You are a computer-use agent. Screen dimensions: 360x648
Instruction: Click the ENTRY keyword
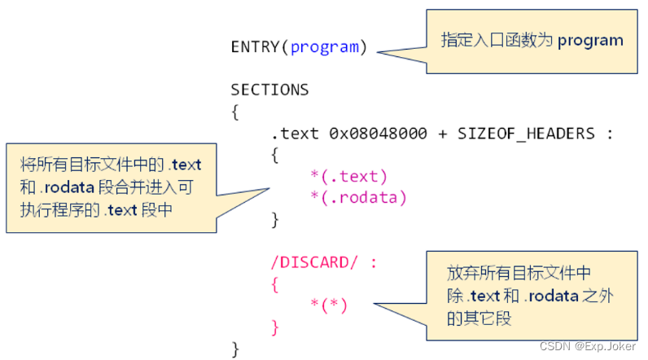256,46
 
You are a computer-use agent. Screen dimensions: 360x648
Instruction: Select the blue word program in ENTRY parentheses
324,46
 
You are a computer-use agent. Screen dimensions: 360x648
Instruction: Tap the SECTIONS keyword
269,90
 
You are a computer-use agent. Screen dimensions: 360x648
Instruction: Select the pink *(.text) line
348,176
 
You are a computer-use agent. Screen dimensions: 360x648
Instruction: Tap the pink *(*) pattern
329,305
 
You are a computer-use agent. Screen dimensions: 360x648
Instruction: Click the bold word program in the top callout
590,40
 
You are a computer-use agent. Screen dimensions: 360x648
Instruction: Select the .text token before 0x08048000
296,134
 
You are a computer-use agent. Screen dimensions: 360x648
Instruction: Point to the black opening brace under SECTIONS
235,112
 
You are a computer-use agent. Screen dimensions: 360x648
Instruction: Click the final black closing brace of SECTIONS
235,349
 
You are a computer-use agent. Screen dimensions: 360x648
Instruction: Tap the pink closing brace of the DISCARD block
274,327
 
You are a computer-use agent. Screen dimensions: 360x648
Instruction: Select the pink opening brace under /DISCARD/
274,284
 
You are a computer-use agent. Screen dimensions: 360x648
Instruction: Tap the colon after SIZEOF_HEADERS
610,134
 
